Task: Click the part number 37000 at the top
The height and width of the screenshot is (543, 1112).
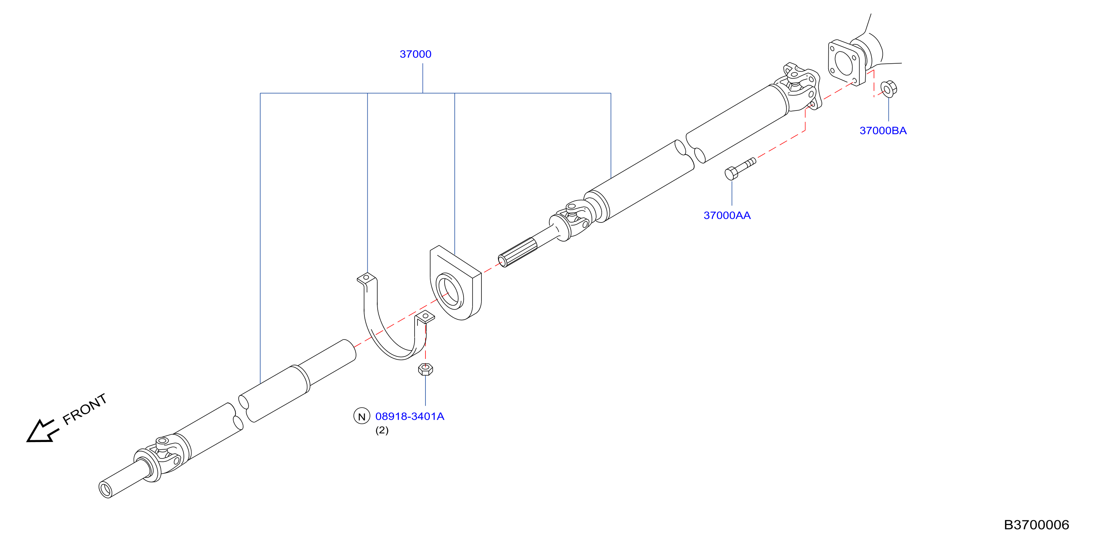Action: click(x=415, y=54)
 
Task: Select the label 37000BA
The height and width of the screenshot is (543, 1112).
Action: click(x=883, y=131)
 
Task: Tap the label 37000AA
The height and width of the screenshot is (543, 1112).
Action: click(x=727, y=215)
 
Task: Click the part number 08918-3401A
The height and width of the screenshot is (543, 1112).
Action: click(x=410, y=416)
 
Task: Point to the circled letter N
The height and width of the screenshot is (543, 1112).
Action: click(x=362, y=416)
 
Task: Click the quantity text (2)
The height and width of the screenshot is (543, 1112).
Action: click(x=382, y=430)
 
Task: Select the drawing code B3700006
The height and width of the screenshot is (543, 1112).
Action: click(x=1036, y=524)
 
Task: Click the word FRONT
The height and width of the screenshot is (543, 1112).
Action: click(x=84, y=409)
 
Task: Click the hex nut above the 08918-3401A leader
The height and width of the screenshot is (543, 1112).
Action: click(x=425, y=369)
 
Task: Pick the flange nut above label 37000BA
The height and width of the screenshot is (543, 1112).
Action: click(x=888, y=89)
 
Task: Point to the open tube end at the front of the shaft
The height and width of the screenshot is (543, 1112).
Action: click(x=105, y=490)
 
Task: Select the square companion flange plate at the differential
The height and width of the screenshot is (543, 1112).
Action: click(x=846, y=63)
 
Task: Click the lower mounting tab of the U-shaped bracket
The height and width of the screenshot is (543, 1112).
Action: click(x=425, y=317)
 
